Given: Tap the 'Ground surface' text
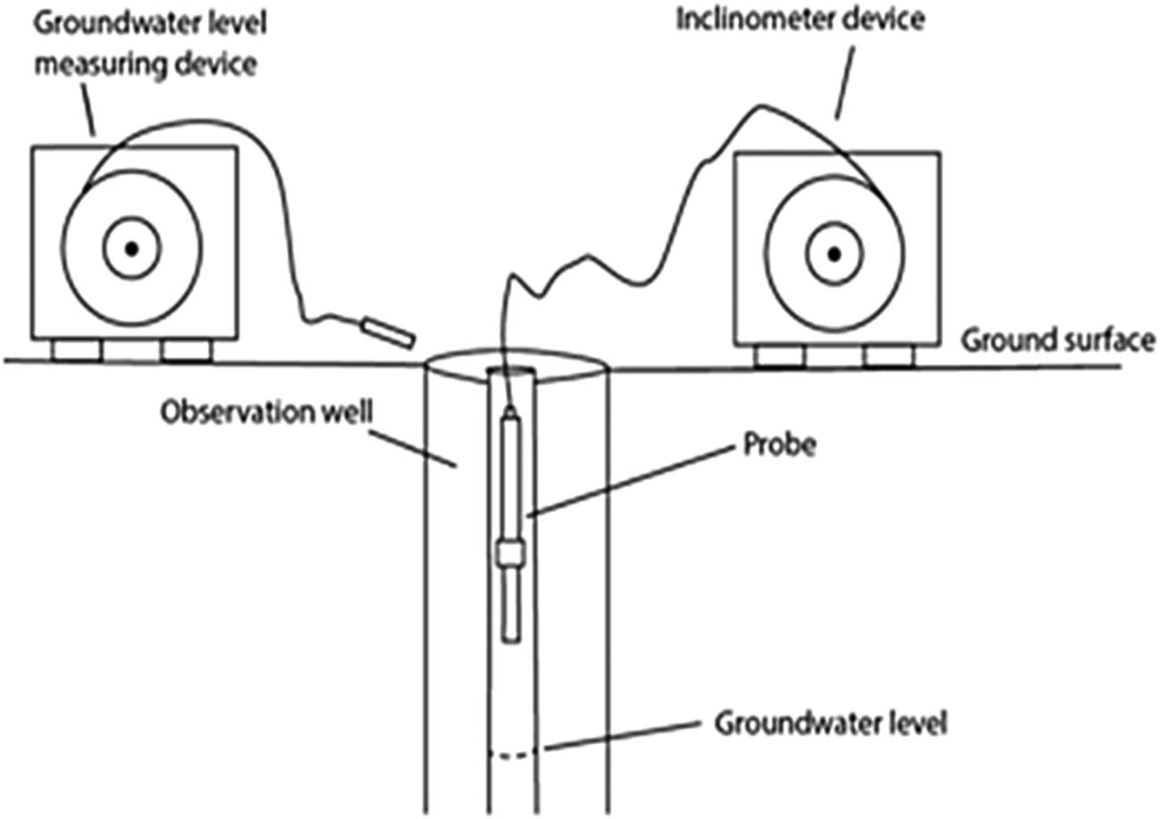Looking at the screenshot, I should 1058,340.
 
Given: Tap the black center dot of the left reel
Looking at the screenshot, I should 131,249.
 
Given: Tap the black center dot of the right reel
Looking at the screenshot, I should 833,254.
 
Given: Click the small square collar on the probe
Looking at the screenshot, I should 510,555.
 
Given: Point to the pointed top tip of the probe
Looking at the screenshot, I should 510,411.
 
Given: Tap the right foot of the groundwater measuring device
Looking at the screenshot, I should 186,351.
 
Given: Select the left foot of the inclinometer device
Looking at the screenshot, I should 780,357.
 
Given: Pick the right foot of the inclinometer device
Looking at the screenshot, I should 888,357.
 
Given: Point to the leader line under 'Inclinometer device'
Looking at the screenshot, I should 843,80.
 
